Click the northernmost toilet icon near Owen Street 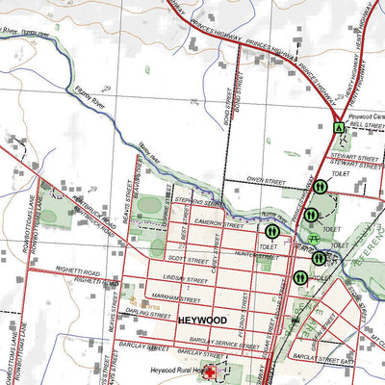click(x=319, y=187)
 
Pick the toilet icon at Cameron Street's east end click(x=272, y=231)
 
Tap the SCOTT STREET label click(x=189, y=259)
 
